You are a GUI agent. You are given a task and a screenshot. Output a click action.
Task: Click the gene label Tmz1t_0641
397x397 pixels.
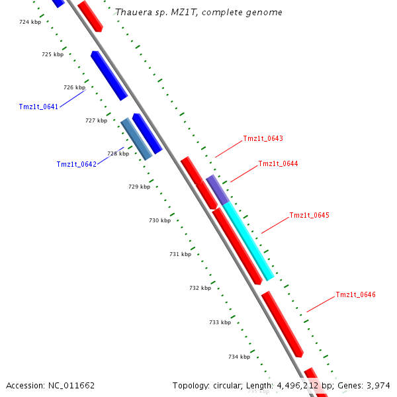coord(38,107)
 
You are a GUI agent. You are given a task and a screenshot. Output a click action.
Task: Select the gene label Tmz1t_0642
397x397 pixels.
coord(76,164)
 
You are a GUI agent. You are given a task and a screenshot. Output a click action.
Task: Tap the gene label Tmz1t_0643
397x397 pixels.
coord(263,138)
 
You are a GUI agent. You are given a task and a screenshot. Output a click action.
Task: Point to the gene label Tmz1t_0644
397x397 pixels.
coord(278,163)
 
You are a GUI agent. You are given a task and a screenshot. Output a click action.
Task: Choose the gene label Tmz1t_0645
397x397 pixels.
coord(309,216)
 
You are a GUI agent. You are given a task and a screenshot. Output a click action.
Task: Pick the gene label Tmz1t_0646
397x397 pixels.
coord(355,294)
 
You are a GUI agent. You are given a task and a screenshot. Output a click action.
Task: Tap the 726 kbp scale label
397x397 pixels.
coord(74,87)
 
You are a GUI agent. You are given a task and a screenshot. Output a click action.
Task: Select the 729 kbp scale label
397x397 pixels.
coord(139,187)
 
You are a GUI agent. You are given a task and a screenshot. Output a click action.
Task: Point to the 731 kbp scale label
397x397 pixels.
coord(180,254)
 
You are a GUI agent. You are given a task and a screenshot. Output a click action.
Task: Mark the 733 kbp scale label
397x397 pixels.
coord(220,322)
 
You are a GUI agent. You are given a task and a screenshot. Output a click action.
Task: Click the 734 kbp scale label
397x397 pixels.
coord(239,357)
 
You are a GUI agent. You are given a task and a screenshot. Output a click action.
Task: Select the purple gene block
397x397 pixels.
coord(217,189)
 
